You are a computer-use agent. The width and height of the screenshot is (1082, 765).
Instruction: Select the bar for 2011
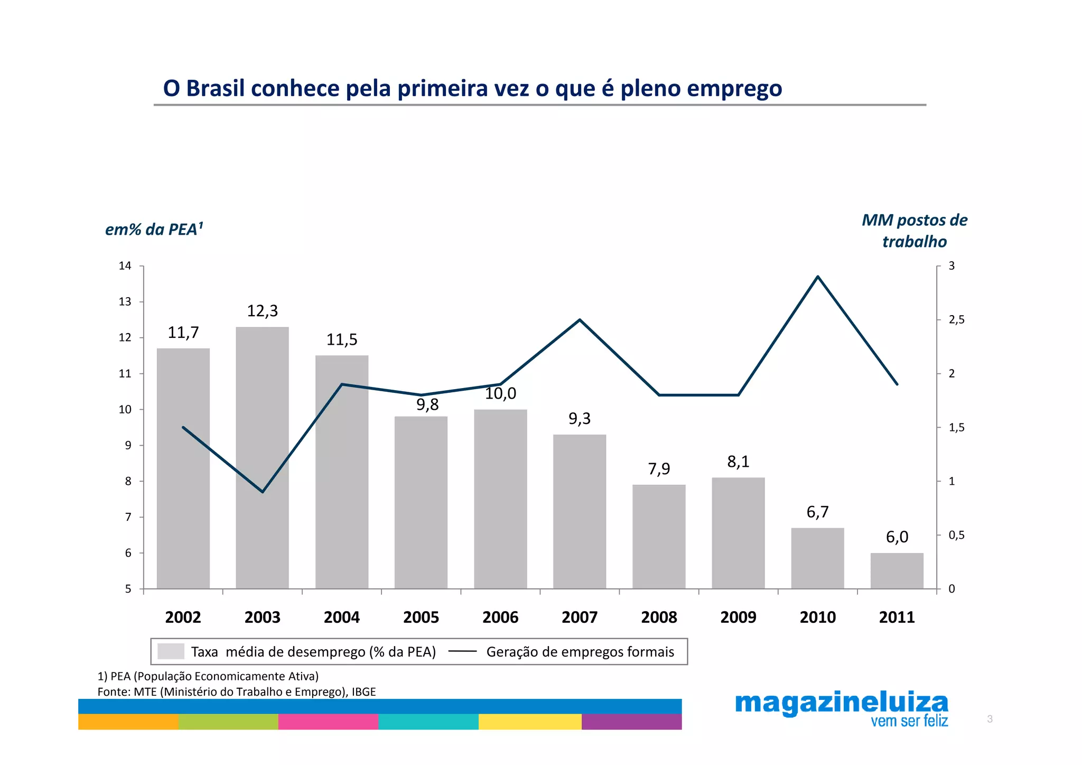click(x=897, y=570)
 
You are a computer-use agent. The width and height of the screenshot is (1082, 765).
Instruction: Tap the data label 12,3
click(x=262, y=311)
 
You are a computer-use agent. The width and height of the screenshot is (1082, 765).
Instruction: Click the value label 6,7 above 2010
click(x=817, y=512)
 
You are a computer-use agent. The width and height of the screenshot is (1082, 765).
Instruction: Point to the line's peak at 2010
click(x=817, y=276)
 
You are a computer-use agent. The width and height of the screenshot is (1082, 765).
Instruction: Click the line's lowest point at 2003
click(x=263, y=492)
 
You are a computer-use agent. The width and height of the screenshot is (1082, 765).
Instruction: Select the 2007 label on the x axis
click(x=580, y=617)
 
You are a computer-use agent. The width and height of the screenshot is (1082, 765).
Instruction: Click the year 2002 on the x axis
click(x=183, y=617)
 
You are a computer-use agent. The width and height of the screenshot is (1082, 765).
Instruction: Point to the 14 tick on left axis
click(x=125, y=266)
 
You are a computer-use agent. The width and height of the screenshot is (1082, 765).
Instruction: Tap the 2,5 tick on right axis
click(x=956, y=320)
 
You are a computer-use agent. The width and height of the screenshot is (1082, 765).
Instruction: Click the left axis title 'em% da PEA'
click(x=154, y=229)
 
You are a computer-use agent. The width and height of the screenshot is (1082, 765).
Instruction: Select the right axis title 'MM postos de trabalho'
click(x=914, y=231)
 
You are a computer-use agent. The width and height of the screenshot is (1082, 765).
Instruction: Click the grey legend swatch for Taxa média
click(x=171, y=651)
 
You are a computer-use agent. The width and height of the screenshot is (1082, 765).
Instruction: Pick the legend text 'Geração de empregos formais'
click(x=580, y=652)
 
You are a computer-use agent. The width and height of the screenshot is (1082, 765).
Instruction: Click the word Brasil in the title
click(x=216, y=88)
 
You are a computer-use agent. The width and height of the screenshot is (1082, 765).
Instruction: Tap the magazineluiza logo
click(x=841, y=709)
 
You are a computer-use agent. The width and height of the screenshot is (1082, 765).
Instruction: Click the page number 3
click(x=990, y=719)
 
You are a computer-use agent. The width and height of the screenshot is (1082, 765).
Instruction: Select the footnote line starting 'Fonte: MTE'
click(x=236, y=692)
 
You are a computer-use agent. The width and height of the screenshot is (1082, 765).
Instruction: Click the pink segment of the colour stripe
click(x=328, y=722)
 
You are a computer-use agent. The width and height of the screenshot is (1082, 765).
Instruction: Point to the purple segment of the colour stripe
click(x=631, y=722)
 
